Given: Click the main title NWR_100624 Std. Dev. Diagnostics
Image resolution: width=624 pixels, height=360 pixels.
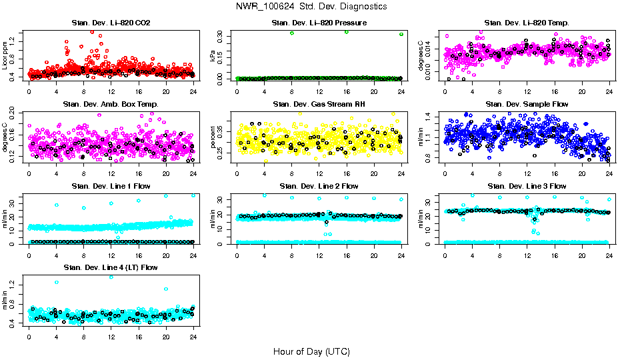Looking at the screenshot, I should coord(311,6).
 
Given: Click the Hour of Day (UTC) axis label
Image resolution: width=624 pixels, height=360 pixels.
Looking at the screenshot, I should coord(311,351).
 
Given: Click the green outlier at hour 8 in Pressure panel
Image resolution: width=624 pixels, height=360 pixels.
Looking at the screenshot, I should coord(292,33).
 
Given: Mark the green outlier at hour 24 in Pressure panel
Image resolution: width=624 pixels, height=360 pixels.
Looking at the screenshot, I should coord(401,34).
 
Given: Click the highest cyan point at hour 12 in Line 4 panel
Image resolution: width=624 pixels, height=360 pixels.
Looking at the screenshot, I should coord(111,277).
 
